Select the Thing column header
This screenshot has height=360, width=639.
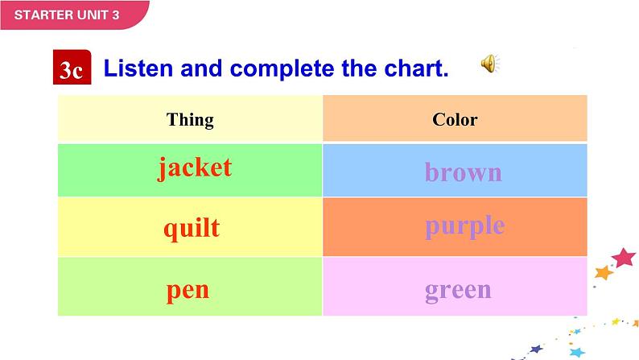[x=190, y=120]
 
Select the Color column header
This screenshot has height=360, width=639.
[x=455, y=120]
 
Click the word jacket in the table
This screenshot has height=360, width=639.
[x=195, y=168]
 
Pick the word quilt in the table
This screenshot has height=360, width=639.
[x=192, y=228]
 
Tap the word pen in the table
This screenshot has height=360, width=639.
[x=188, y=289]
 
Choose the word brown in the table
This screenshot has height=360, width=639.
[x=463, y=172]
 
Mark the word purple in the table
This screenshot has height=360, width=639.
[x=464, y=226]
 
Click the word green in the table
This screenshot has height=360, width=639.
[x=458, y=289]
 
